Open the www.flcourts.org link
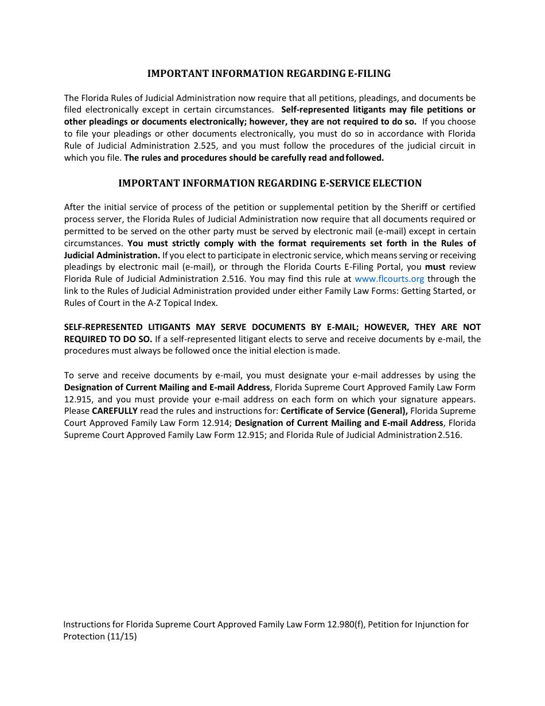[x=390, y=279]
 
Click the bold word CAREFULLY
[x=115, y=411]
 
